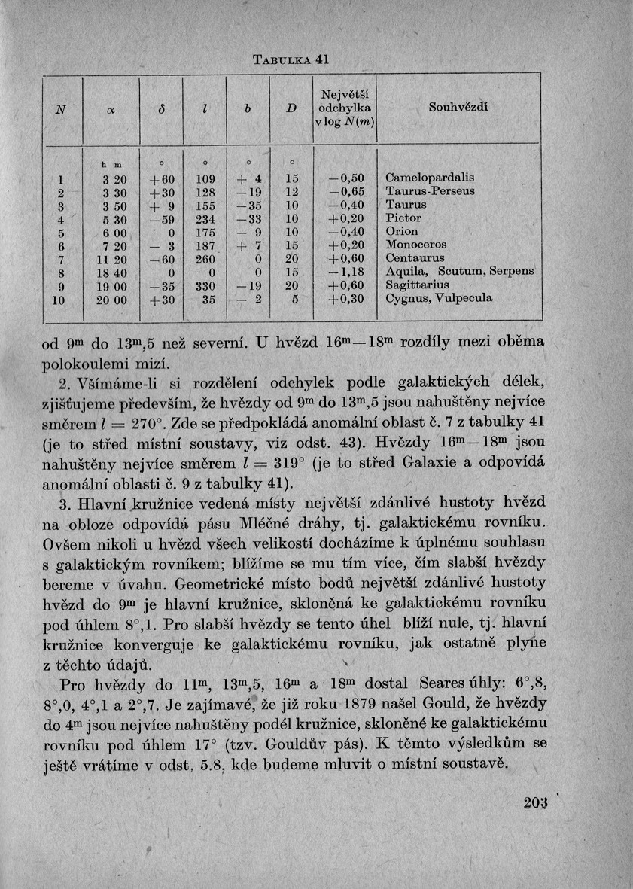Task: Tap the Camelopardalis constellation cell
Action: click(x=430, y=177)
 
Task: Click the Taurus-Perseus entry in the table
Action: click(x=426, y=190)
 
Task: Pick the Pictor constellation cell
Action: click(x=403, y=218)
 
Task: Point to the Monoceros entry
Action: click(x=416, y=245)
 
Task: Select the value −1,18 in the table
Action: click(x=346, y=272)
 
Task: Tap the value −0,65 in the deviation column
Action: click(x=346, y=190)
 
